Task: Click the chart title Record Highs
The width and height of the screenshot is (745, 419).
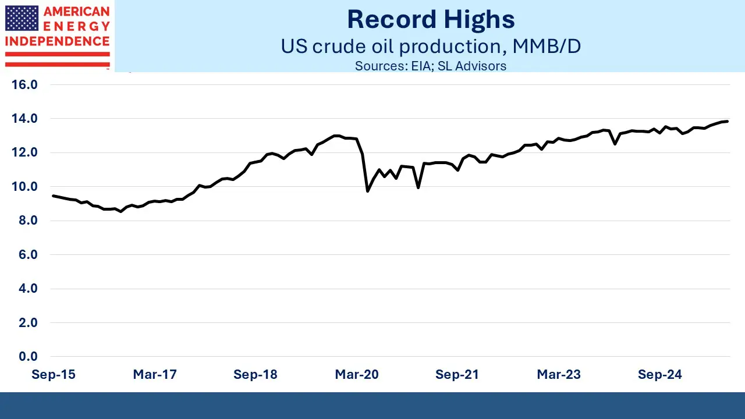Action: [431, 20]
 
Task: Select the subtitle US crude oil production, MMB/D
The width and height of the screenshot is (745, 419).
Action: [431, 46]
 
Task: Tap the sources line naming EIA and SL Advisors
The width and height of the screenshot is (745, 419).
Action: [431, 66]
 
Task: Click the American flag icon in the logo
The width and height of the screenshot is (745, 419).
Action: [22, 19]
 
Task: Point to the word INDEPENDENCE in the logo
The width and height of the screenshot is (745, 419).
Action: [57, 41]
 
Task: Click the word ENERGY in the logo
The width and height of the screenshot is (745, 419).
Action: [77, 26]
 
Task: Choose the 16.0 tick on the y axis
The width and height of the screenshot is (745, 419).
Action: [24, 85]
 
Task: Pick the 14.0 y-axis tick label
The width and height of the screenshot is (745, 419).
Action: [24, 119]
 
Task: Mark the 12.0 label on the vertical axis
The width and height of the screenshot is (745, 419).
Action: [24, 152]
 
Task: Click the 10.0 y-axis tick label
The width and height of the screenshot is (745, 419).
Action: [24, 187]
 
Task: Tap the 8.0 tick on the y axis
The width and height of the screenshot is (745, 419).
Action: [27, 221]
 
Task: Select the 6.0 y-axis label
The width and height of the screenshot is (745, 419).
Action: [27, 254]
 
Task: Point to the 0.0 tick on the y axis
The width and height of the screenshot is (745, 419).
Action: [27, 356]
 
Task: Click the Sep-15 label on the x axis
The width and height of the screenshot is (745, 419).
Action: [53, 375]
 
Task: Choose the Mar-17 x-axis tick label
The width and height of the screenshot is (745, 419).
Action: [154, 375]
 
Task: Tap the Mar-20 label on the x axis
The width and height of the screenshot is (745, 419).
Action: [356, 375]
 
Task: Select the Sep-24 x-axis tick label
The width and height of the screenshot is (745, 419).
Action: [659, 375]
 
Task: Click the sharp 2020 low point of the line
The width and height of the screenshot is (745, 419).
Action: [367, 191]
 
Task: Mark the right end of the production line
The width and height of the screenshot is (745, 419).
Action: [728, 121]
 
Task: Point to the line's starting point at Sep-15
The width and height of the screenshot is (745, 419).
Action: [53, 196]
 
